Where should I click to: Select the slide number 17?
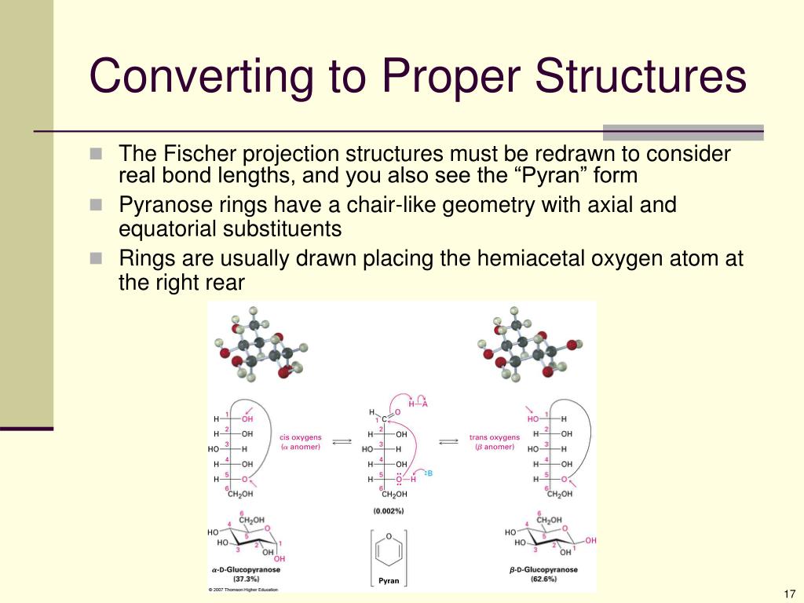tap(789, 593)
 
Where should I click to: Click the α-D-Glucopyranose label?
tap(246, 570)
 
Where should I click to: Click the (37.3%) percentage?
tap(246, 579)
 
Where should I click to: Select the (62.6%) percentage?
tap(543, 579)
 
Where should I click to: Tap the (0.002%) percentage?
tap(389, 511)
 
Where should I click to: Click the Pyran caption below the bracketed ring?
tap(389, 581)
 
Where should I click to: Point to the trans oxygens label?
tap(495, 437)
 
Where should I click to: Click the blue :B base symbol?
tap(428, 473)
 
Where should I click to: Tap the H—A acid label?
tap(418, 404)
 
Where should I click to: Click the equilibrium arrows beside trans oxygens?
tap(448, 442)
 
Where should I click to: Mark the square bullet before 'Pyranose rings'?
tap(96, 206)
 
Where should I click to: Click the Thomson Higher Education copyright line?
tap(243, 590)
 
